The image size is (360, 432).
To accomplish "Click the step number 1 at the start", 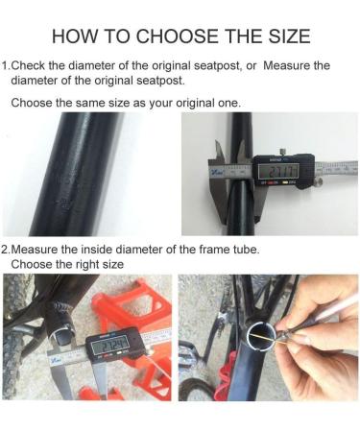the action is click(4, 65).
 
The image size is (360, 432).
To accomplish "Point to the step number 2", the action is click(5, 250).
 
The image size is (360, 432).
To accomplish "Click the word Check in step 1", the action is click(28, 65).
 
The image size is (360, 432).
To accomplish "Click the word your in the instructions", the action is click(161, 104).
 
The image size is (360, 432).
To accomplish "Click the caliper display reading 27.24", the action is click(110, 346).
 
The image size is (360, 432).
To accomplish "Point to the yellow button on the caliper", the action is click(284, 183).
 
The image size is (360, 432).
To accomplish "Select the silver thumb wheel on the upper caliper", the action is click(319, 182).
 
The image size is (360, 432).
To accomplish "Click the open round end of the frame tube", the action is click(262, 337).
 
